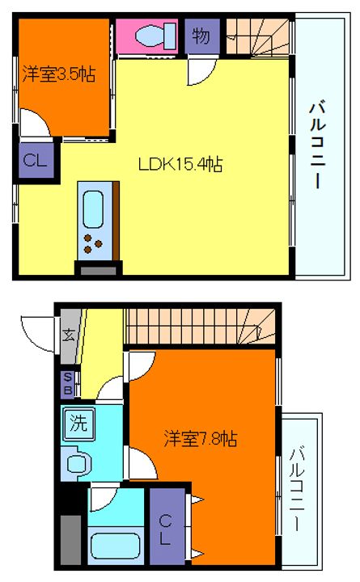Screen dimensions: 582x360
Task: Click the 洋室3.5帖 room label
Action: (x=59, y=74)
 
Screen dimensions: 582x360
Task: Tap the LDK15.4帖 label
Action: (x=180, y=165)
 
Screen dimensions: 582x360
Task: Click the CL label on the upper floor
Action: (x=35, y=159)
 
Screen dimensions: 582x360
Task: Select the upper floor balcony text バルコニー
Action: (x=317, y=143)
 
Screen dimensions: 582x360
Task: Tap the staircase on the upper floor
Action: (x=257, y=36)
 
